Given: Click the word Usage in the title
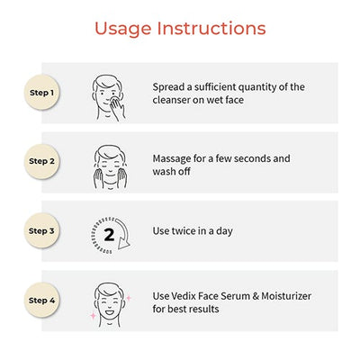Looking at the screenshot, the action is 123,30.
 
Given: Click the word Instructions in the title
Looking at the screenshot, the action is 211,29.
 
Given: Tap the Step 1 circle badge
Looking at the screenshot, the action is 42,93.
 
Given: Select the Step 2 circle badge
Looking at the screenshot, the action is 42,161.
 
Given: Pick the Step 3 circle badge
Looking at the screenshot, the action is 42,231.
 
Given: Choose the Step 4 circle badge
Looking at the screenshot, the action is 42,301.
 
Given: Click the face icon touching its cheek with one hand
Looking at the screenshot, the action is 109,98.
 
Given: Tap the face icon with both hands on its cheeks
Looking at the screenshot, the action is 110,166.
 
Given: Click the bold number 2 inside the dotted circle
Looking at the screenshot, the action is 109,235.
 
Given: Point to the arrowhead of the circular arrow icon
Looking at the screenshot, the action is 123,244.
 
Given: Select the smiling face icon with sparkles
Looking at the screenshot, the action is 110,304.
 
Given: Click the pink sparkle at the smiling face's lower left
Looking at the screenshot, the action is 94,316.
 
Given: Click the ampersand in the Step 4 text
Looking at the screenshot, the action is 256,296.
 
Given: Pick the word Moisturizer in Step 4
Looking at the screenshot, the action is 286,296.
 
